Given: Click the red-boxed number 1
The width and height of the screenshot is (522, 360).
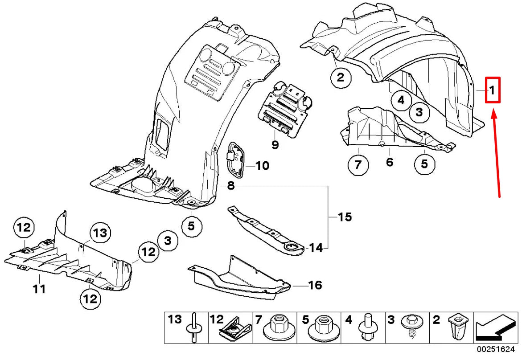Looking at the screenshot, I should click(492, 90).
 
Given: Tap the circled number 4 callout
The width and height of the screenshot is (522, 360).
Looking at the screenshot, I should click(401, 100).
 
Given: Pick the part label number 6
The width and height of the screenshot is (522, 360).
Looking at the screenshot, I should click(390, 162).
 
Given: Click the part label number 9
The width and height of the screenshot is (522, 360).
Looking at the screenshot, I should click(275, 144).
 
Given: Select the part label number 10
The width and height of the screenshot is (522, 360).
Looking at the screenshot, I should click(262, 166).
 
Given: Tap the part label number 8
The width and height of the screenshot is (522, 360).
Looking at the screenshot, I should click(230, 186).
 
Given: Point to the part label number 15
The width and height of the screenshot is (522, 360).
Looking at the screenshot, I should click(344, 217).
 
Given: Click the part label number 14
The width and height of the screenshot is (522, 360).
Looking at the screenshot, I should click(316, 247).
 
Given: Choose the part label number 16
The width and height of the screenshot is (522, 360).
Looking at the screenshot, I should click(315, 285).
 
